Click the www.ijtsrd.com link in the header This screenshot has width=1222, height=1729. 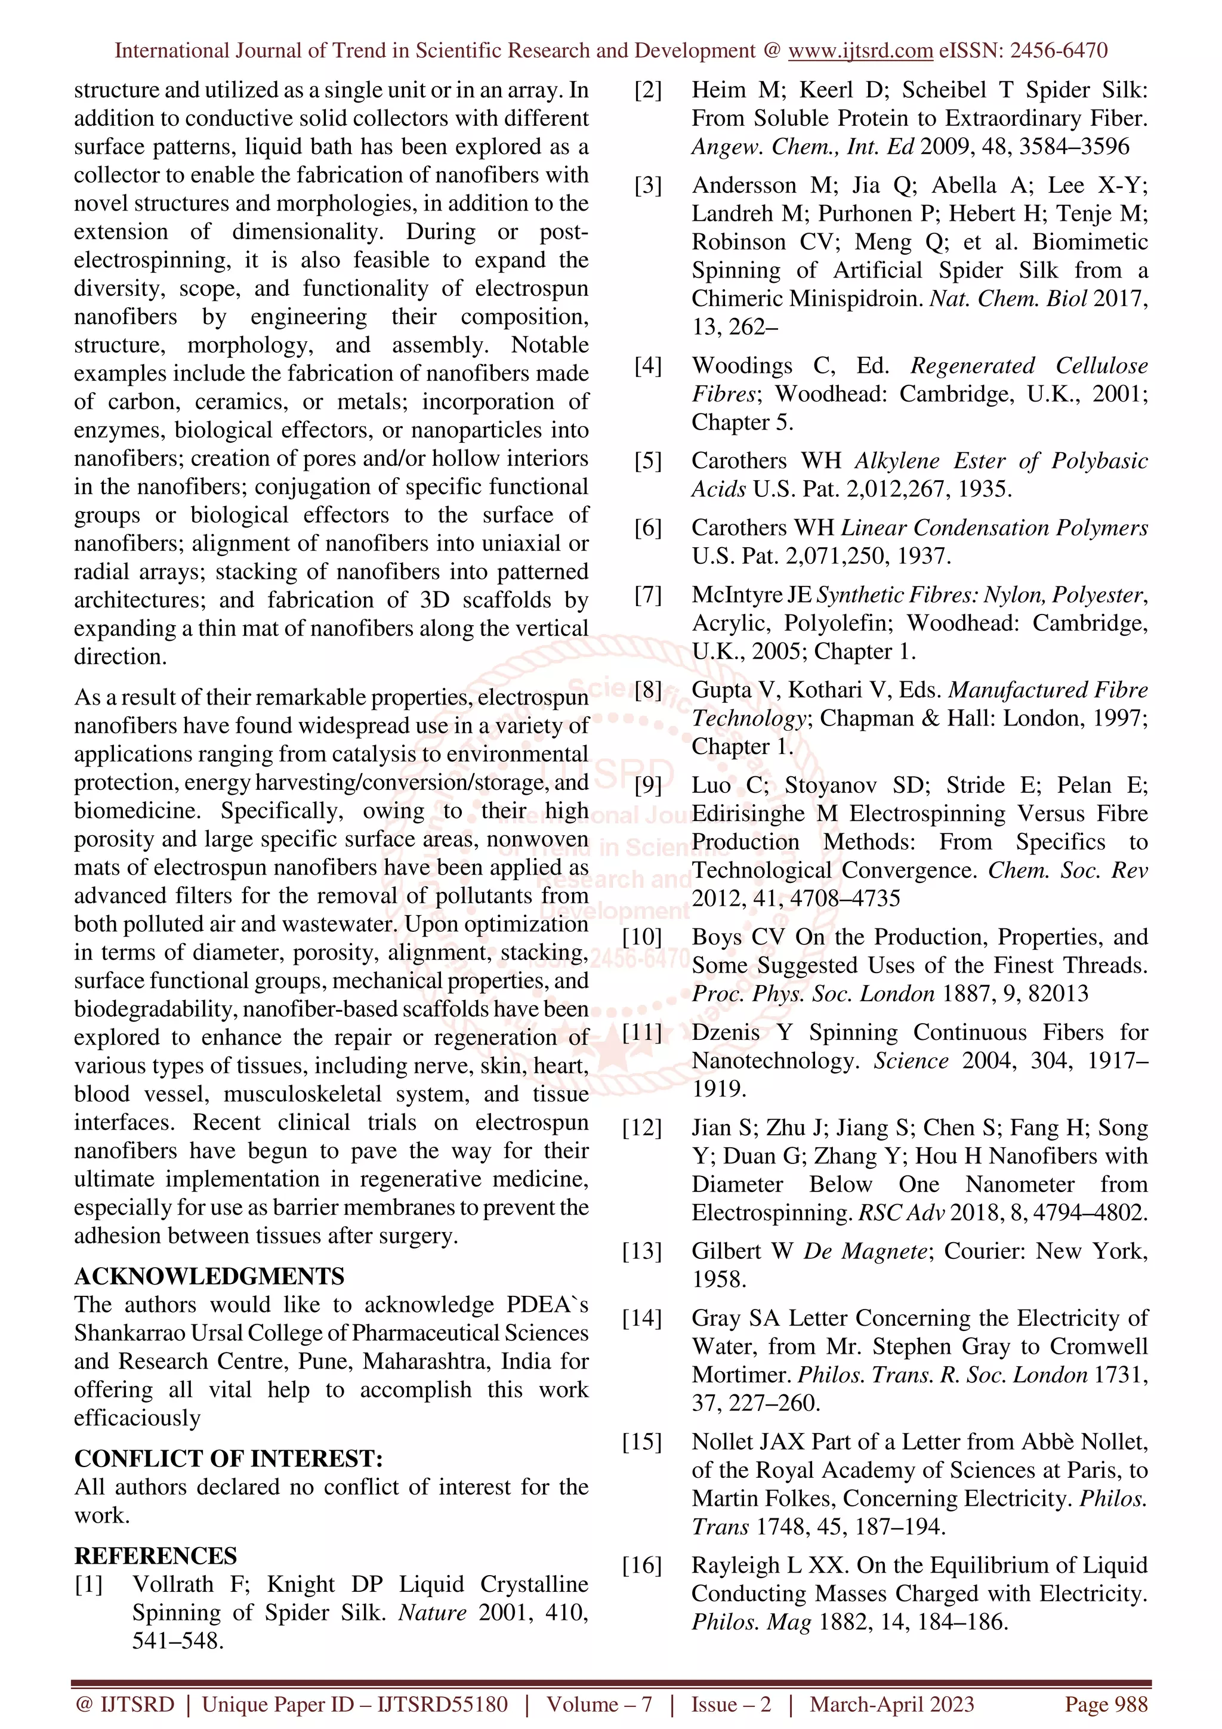pyautogui.click(x=860, y=51)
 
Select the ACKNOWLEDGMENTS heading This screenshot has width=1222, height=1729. pyautogui.click(x=209, y=1276)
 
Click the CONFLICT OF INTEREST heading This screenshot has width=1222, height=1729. pyautogui.click(x=228, y=1458)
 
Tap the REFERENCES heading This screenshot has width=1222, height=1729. pyautogui.click(x=155, y=1555)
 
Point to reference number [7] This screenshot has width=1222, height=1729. pyautogui.click(x=647, y=595)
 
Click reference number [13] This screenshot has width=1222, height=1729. pyautogui.click(x=641, y=1251)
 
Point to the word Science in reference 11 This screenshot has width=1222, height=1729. pyautogui.click(x=911, y=1060)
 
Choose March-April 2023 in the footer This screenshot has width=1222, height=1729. pyautogui.click(x=891, y=1704)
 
